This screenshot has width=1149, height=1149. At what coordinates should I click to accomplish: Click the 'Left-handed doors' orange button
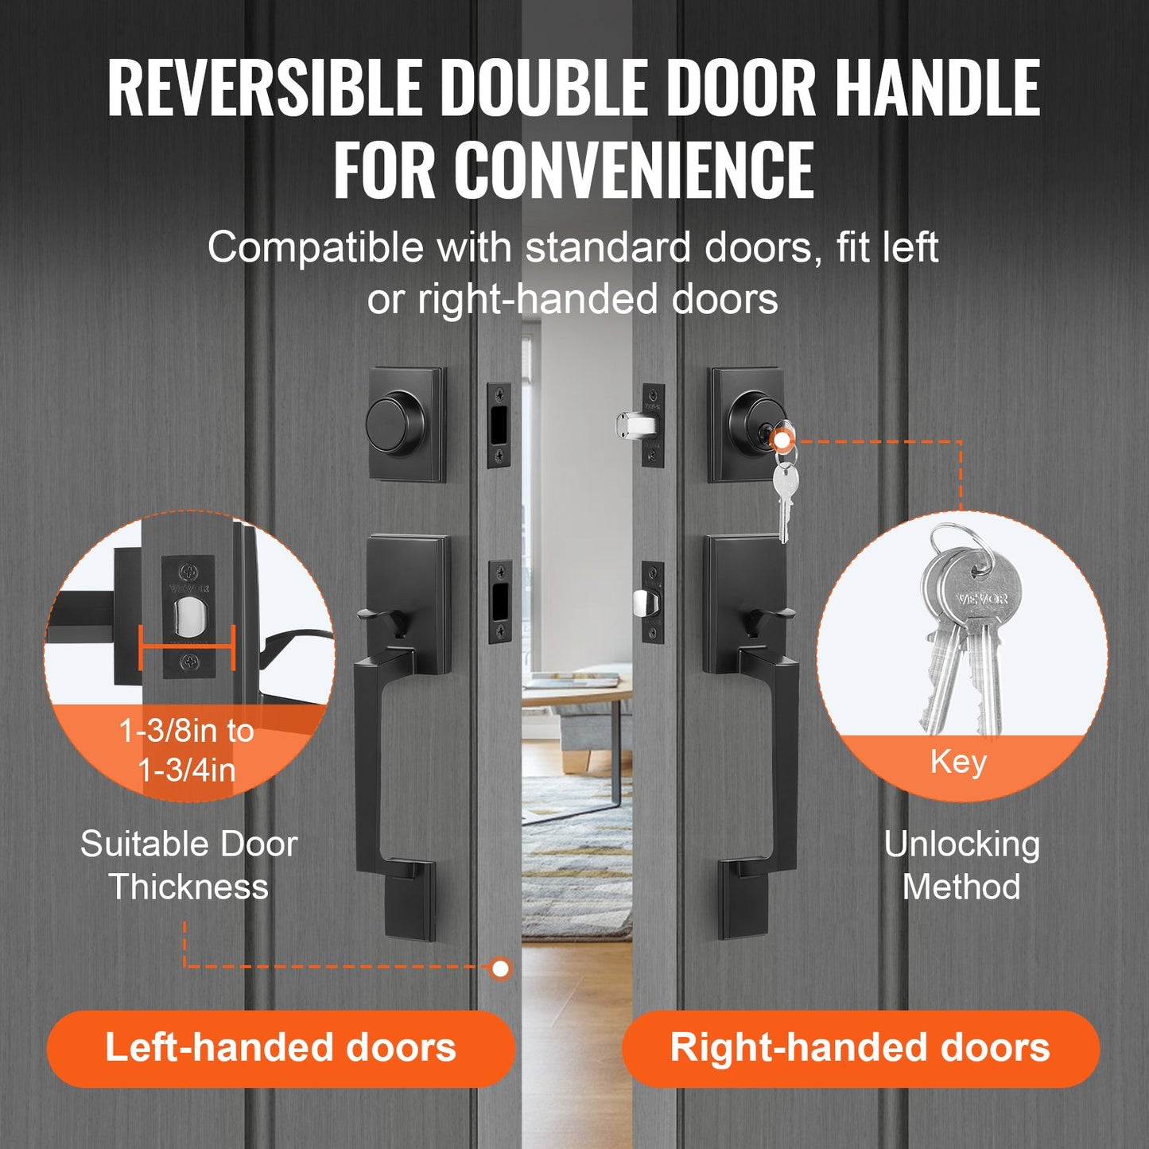pos(281,1048)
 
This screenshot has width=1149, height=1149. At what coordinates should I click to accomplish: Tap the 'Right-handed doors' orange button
pos(860,1048)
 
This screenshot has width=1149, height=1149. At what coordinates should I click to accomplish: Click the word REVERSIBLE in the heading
pos(265,87)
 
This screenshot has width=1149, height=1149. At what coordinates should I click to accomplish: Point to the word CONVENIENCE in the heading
pos(634,169)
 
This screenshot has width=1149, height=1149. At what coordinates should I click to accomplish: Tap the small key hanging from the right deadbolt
pos(783,493)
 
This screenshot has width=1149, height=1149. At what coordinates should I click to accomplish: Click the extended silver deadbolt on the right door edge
pos(635,424)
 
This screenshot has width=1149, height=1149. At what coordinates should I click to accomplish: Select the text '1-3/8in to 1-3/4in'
pos(187,750)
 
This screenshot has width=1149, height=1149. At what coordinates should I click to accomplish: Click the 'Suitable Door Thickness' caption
pos(188,865)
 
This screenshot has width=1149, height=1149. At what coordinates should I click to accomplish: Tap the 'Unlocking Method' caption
pos(961,865)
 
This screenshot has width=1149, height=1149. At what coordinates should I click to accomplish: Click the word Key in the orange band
pos(958,762)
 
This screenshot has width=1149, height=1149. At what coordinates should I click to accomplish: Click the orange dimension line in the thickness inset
pos(188,647)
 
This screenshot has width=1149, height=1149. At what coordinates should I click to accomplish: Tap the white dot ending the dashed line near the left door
pos(500,968)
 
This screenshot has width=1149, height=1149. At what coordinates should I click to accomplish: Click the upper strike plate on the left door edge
pos(500,425)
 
